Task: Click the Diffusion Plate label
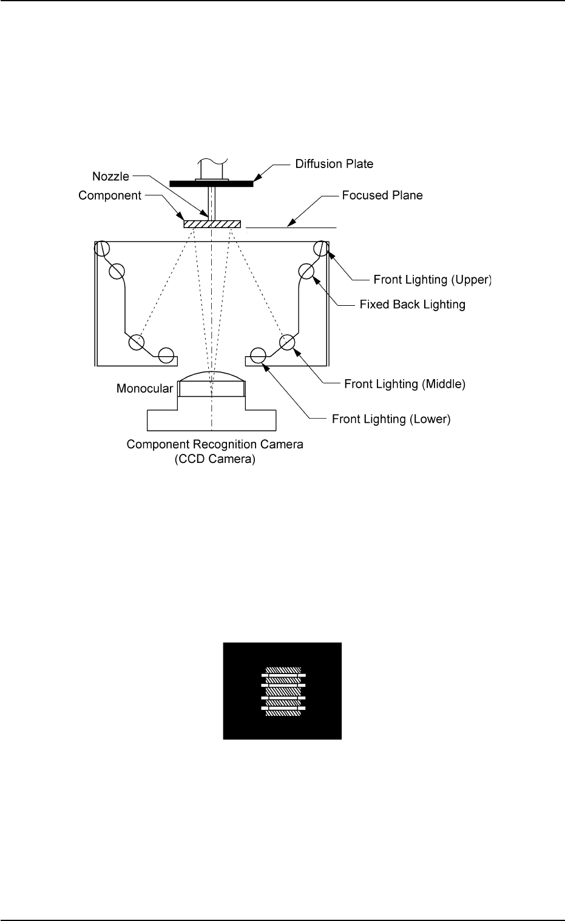coord(334,164)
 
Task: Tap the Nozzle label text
coord(110,177)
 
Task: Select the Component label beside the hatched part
coord(110,196)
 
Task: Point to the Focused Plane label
coord(382,195)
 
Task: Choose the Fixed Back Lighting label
coord(412,305)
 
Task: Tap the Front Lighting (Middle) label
coord(404,384)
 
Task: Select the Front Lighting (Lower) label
coord(391,419)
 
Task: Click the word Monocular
coord(145,389)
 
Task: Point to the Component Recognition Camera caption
coord(215,445)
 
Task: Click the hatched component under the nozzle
coord(212,224)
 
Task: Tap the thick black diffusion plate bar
coord(211,183)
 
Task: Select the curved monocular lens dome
coord(211,377)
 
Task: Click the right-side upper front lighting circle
coord(321,248)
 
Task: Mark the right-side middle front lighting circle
coord(287,342)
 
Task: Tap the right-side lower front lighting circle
coord(258,355)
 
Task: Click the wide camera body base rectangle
coord(211,420)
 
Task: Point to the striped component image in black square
coord(283,692)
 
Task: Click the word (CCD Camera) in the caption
coord(215,459)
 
